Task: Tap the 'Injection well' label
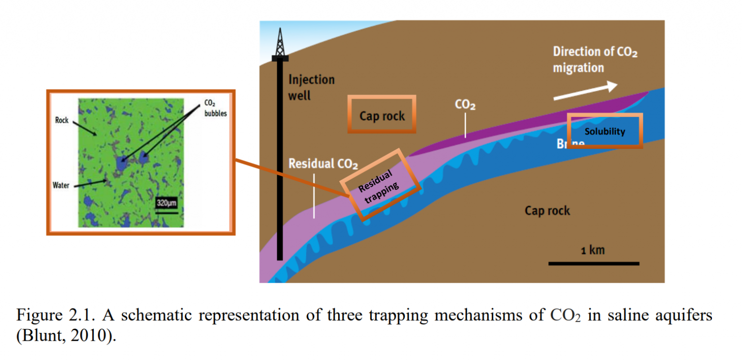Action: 311,87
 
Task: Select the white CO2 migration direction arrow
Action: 585,91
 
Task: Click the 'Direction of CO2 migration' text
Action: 595,59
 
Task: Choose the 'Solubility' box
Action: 604,131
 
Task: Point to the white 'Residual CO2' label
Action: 323,164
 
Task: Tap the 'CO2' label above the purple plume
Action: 465,104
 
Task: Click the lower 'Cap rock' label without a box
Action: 547,211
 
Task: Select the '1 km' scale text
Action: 593,250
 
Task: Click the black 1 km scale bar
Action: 593,263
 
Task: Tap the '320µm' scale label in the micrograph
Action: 167,203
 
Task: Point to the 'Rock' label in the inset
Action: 62,121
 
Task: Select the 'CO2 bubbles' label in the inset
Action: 212,108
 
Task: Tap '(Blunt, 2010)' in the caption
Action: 66,336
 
